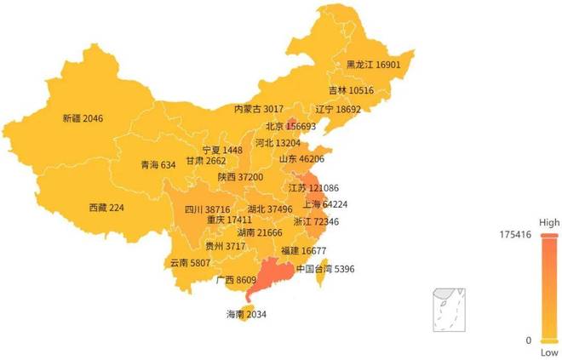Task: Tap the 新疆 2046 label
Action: click(x=83, y=119)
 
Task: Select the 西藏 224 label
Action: click(x=106, y=207)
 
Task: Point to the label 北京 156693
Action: click(x=290, y=127)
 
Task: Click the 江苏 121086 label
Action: click(x=313, y=188)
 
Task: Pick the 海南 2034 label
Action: click(x=246, y=314)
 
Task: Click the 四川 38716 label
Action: click(x=207, y=209)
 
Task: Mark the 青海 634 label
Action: click(x=158, y=165)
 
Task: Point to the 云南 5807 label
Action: click(x=190, y=263)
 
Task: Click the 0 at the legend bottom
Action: click(x=528, y=340)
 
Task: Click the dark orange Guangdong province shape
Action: click(x=270, y=277)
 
